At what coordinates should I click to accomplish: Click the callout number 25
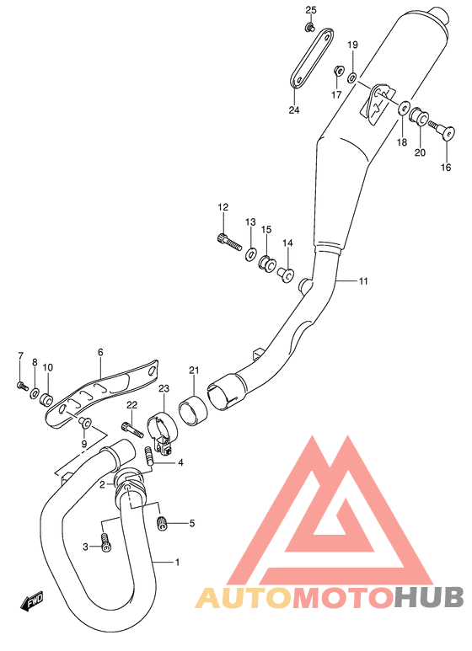click(x=311, y=10)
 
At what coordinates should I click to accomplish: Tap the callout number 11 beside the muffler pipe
click(x=363, y=281)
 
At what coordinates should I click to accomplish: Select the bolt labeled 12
click(x=229, y=241)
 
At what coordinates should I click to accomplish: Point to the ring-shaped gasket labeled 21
click(x=193, y=410)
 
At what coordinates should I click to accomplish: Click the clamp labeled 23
click(x=162, y=428)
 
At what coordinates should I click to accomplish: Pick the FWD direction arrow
click(x=31, y=602)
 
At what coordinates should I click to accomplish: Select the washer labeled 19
click(x=352, y=77)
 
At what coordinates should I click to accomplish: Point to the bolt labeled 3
click(x=105, y=542)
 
